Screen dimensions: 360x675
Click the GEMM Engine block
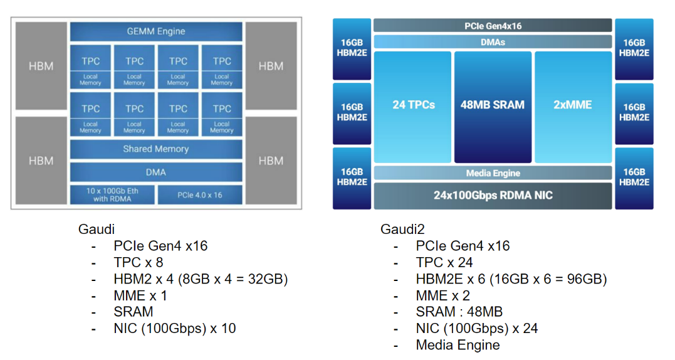[x=156, y=31]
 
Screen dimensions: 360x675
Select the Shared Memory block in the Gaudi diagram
[x=156, y=149]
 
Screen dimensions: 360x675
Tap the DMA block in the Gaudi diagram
[x=156, y=172]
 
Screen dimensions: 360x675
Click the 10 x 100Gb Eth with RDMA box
[x=112, y=194]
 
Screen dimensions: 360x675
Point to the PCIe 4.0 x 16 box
[x=199, y=194]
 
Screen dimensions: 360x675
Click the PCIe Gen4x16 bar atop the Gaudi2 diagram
[x=493, y=26]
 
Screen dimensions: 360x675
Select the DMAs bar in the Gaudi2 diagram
[x=493, y=42]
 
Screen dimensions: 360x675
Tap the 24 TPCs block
[x=413, y=105]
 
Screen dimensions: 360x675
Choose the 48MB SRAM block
[x=493, y=105]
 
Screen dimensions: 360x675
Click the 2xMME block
[x=573, y=105]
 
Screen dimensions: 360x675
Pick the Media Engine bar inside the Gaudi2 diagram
[x=493, y=173]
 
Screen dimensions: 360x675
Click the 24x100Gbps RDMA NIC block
[x=493, y=196]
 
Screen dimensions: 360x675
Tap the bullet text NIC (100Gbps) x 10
[x=175, y=328]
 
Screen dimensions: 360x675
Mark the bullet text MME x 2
[x=442, y=295]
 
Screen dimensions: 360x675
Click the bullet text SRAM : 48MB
[x=459, y=312]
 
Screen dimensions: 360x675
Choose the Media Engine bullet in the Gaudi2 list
[x=458, y=345]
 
